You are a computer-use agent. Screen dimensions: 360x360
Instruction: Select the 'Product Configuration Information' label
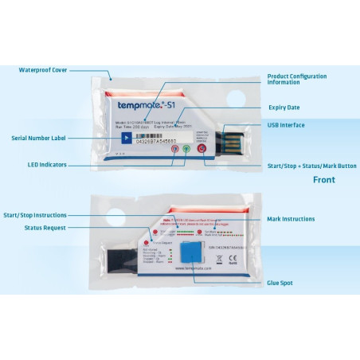pos(296,79)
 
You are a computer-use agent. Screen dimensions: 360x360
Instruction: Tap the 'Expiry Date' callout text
pos(283,107)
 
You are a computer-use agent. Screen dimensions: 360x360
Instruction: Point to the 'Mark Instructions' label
pos(291,219)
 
